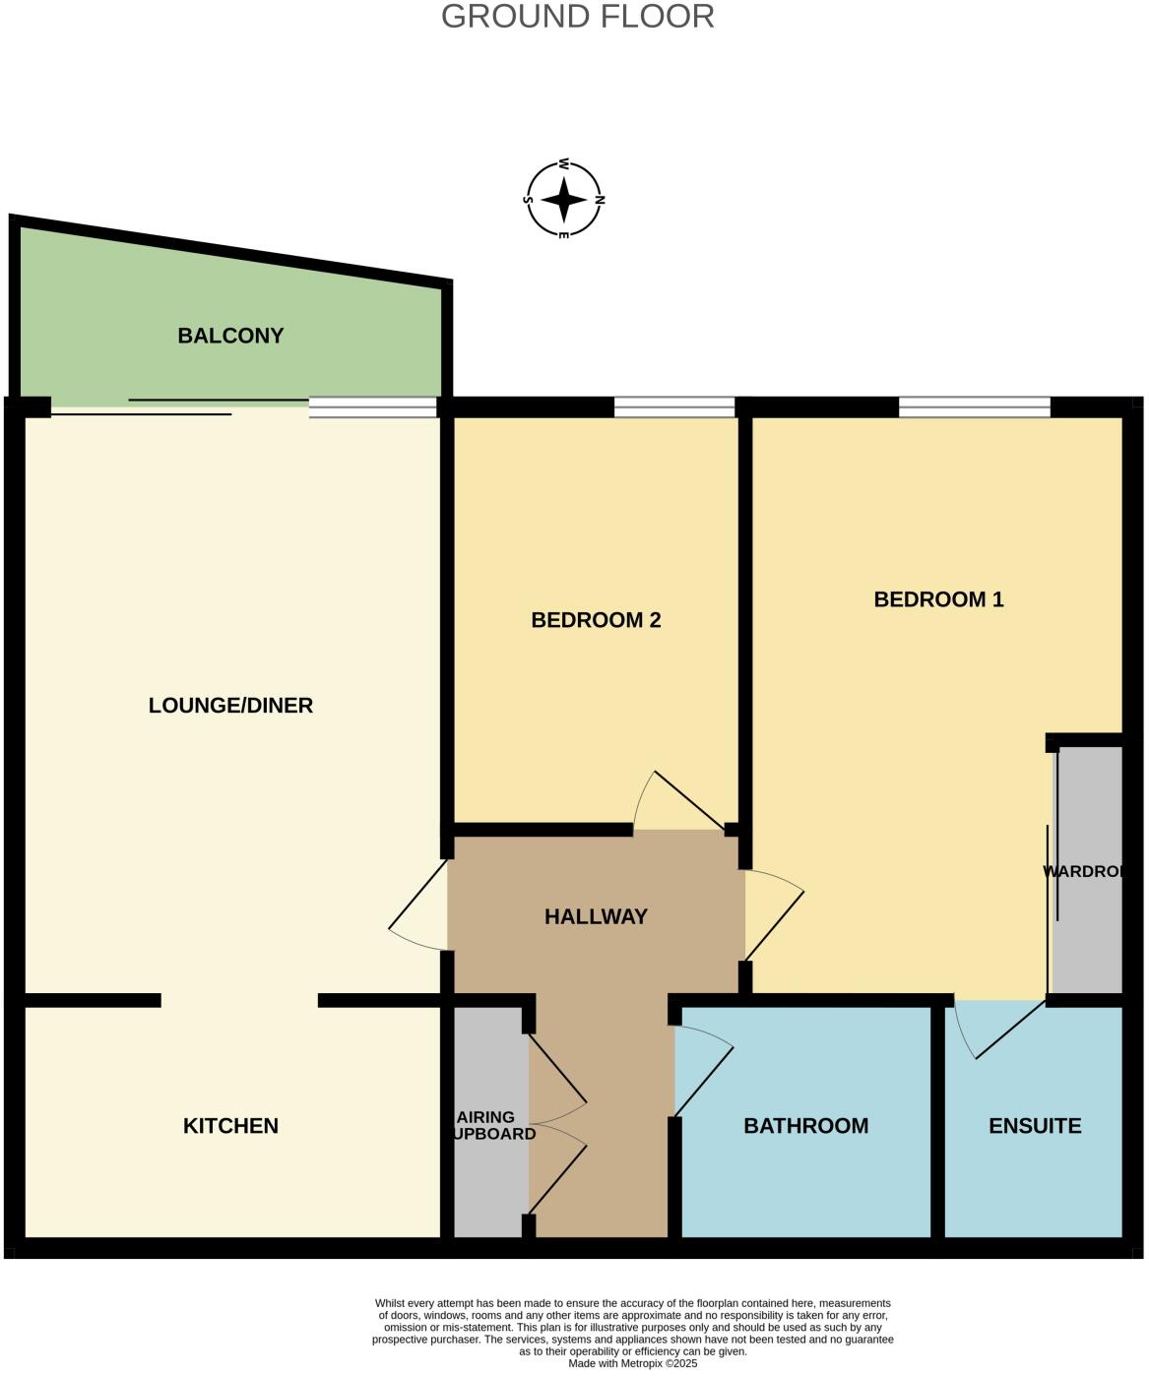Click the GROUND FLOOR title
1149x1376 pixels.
577,17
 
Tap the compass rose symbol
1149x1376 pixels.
564,200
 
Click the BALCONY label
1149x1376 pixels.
230,336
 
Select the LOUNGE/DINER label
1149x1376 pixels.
230,705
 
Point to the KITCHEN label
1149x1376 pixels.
230,1125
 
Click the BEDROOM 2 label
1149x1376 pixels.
596,620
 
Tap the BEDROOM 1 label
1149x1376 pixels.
938,599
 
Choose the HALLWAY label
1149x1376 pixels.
596,916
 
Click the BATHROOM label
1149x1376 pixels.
805,1125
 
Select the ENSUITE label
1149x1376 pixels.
1035,1125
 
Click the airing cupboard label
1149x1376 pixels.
492,1125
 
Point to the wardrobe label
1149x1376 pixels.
1083,871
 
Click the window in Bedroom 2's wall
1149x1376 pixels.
674,407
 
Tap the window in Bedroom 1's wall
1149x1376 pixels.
974,407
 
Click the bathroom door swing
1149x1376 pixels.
702,1068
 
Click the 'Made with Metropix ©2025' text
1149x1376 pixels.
632,1363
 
